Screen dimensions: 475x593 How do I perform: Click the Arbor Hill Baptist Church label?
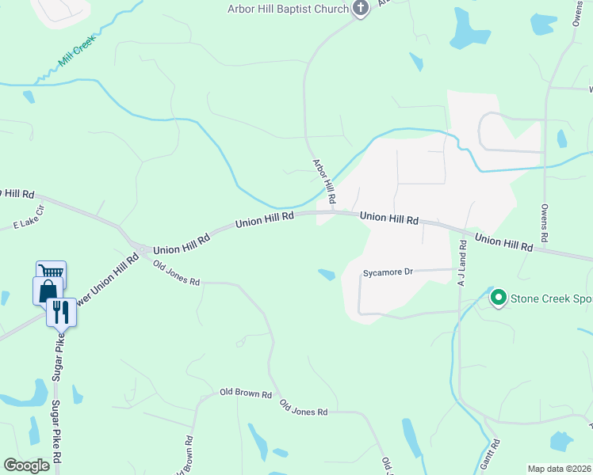[288, 9]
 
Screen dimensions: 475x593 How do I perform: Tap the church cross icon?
[361, 9]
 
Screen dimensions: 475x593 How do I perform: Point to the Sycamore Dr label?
[388, 272]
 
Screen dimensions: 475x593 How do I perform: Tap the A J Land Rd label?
[462, 261]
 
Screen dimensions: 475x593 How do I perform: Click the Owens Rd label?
[545, 223]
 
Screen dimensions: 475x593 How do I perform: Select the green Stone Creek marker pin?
[499, 298]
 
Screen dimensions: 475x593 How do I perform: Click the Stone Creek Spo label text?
[551, 298]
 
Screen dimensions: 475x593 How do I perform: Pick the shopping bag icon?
[48, 291]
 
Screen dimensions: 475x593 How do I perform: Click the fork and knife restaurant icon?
[61, 312]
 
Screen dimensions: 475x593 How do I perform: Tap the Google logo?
[26, 465]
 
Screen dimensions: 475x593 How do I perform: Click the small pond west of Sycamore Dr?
[326, 275]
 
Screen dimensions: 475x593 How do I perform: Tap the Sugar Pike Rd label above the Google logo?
[57, 431]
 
